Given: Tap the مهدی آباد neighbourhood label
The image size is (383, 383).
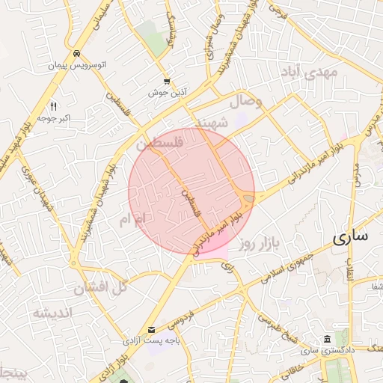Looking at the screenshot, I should tap(310, 73).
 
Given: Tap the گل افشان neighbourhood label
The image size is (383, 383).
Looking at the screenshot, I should tap(100, 287).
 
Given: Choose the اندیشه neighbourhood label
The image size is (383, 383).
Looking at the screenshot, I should tap(51, 313).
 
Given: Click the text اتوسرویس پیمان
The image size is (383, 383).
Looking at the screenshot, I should tap(77, 66).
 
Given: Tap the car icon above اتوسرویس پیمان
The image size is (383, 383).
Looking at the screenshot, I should tap(77, 54).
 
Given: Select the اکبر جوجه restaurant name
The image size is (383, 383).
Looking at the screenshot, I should tap(52, 118).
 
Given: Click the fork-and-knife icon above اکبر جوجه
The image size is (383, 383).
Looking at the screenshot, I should tap(53, 106).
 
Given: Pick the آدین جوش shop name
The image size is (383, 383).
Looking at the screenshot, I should tap(166, 93).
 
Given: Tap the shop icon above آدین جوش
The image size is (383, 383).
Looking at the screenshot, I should tap(166, 82).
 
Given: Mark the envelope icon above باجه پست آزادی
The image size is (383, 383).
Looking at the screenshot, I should tap(153, 329).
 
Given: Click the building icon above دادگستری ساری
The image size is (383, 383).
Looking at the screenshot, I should tap(326, 339).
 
